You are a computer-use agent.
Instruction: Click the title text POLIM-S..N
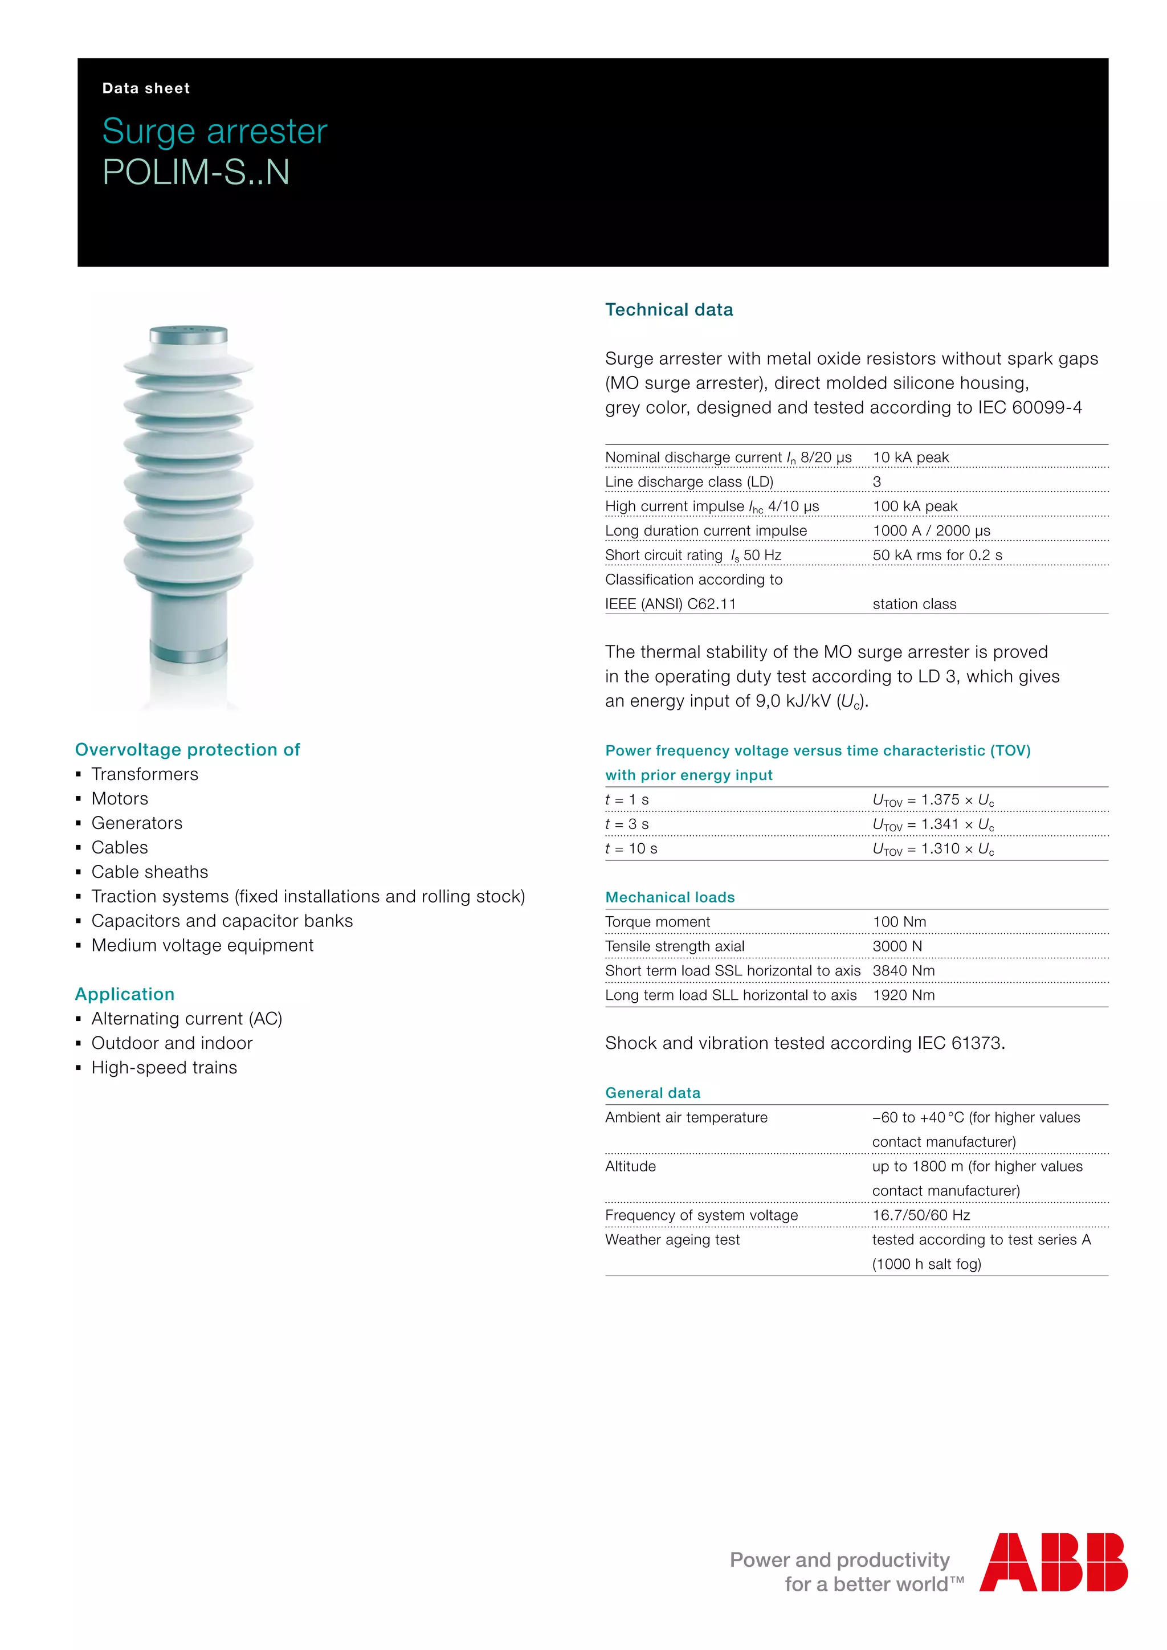(x=195, y=173)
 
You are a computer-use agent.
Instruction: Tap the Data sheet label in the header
(x=146, y=88)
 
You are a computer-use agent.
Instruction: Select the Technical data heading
(x=668, y=310)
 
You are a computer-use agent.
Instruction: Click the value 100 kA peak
(x=915, y=506)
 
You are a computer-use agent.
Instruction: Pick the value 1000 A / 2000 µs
(x=931, y=530)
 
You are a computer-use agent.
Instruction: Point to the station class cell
(x=914, y=604)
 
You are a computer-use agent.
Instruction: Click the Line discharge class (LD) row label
(x=688, y=481)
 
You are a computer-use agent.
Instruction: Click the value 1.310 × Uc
(x=933, y=849)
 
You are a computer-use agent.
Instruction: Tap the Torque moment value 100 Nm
(x=899, y=921)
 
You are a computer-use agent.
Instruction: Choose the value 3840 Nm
(x=903, y=970)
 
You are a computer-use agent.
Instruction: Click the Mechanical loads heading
(x=670, y=897)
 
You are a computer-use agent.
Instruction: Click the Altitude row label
(x=630, y=1166)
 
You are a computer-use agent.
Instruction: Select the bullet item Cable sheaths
(x=149, y=872)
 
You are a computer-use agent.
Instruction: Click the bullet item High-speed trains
(x=164, y=1067)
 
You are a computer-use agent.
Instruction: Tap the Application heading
(x=125, y=994)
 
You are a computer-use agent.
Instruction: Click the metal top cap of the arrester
(x=188, y=335)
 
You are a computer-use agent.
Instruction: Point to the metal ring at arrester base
(x=188, y=654)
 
